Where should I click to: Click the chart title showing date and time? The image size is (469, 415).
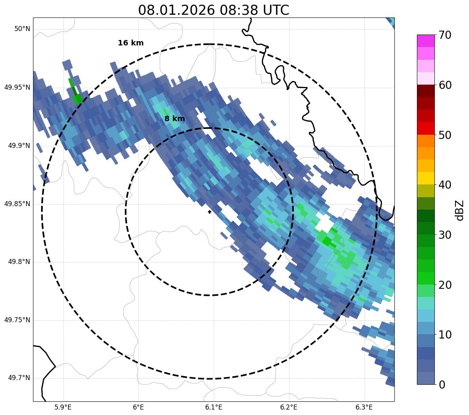tap(213, 10)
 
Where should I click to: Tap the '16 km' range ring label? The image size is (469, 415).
tap(131, 43)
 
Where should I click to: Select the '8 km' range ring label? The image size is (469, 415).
tap(174, 119)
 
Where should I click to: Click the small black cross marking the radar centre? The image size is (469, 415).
tap(210, 212)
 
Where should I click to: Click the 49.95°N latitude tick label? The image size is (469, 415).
tap(17, 87)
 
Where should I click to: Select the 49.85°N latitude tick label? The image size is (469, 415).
tap(17, 204)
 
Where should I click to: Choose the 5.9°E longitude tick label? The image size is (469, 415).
tap(63, 407)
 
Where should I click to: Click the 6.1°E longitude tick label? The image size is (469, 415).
tap(213, 407)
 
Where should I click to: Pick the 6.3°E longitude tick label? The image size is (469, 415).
tap(364, 407)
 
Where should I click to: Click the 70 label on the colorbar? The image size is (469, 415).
tap(445, 35)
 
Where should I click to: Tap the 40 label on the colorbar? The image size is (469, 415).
tap(445, 185)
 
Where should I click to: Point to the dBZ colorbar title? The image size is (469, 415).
tap(460, 210)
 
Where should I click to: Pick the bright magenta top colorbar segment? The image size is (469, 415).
tap(425, 41)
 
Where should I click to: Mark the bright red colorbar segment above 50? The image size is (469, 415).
tap(425, 128)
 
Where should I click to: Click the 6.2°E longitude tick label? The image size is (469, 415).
tap(288, 407)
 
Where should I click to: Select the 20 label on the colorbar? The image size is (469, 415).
tap(445, 285)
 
